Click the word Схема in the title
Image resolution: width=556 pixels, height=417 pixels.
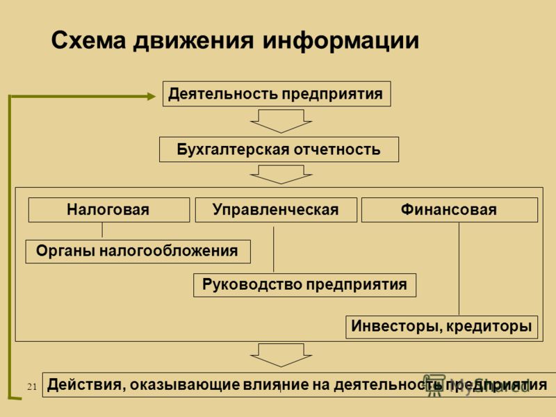pos(89,40)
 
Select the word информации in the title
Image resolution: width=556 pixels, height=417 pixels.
pos(341,41)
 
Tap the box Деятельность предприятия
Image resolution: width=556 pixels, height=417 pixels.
pos(277,94)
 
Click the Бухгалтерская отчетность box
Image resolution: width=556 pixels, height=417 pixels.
pos(279,149)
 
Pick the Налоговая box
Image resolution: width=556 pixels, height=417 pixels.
pos(109,210)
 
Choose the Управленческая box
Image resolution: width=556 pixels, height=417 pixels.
pos(276,210)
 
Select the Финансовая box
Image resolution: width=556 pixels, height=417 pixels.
pos(449,210)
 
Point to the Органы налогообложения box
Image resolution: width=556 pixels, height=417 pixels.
pos(138,251)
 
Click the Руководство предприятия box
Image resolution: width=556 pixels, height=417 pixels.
pos(304,285)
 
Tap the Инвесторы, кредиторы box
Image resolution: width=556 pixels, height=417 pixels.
pos(441,327)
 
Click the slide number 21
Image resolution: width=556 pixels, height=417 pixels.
pos(32,386)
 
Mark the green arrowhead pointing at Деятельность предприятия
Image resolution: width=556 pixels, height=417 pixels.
pos(152,96)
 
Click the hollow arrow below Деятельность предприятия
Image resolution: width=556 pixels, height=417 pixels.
pos(281,121)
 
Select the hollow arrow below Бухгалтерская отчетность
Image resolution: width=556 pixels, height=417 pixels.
pos(281,174)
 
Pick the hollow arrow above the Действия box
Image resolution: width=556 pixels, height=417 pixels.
pos(281,355)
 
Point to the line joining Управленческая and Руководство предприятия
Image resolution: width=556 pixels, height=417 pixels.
pos(273,250)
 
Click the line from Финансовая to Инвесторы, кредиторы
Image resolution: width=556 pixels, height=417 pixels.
pos(459,269)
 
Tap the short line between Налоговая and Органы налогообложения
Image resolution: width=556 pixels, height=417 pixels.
pos(102,230)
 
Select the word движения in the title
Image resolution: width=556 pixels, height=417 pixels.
pos(194,40)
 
